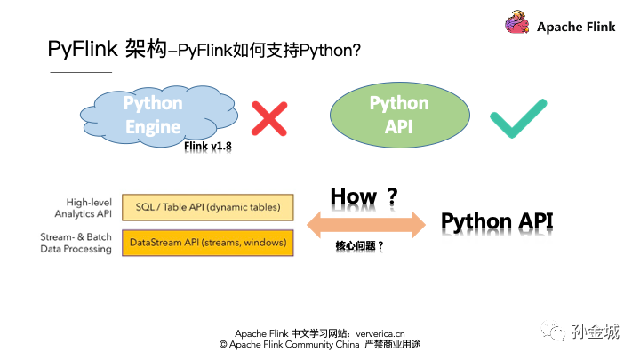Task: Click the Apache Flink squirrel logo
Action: pyautogui.click(x=516, y=22)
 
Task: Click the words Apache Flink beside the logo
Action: pyautogui.click(x=576, y=27)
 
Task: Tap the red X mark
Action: pyautogui.click(x=269, y=119)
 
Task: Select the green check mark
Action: pyautogui.click(x=518, y=118)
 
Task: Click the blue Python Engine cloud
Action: pyautogui.click(x=159, y=116)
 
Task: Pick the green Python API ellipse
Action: pyautogui.click(x=400, y=115)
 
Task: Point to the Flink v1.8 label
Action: pyautogui.click(x=208, y=146)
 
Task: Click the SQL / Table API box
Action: pyautogui.click(x=208, y=207)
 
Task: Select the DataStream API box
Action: pyautogui.click(x=208, y=243)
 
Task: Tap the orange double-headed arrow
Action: pyautogui.click(x=366, y=225)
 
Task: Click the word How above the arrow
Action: pyautogui.click(x=354, y=196)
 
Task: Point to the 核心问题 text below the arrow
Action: pyautogui.click(x=355, y=245)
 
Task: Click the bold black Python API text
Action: pyautogui.click(x=497, y=222)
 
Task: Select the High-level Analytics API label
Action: pyautogui.click(x=84, y=208)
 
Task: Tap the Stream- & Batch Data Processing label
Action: pyautogui.click(x=76, y=243)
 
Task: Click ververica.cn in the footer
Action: pyautogui.click(x=380, y=334)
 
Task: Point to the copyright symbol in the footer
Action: pyautogui.click(x=223, y=345)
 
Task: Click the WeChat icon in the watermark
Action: pyautogui.click(x=553, y=331)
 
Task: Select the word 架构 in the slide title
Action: pyautogui.click(x=146, y=49)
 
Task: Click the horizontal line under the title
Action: pyautogui.click(x=81, y=72)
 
